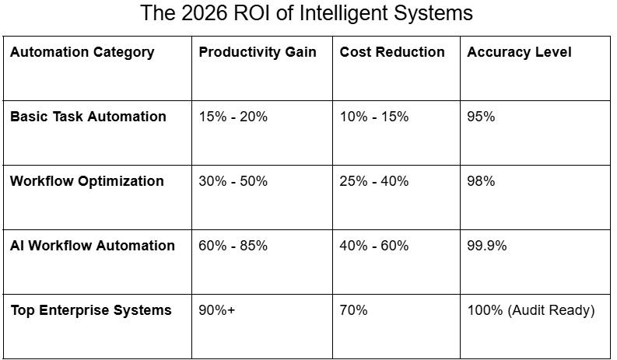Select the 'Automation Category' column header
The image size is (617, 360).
click(x=82, y=52)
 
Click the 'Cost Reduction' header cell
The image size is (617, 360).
click(x=392, y=52)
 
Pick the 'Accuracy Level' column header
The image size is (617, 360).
click(x=519, y=52)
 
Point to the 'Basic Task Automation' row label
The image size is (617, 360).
click(x=88, y=117)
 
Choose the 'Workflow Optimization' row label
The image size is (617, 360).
click(x=87, y=181)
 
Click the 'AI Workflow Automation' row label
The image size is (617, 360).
click(x=93, y=246)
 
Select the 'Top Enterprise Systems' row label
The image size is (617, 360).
click(x=91, y=310)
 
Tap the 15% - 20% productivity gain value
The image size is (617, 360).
click(x=233, y=117)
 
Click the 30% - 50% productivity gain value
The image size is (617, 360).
click(x=233, y=181)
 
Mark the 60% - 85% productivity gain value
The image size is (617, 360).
click(x=233, y=246)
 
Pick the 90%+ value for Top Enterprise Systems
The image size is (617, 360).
click(x=217, y=310)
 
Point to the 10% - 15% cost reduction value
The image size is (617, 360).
click(x=374, y=117)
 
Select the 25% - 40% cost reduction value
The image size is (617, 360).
click(x=374, y=181)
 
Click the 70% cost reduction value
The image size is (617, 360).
click(x=354, y=310)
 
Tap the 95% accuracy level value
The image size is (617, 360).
click(x=481, y=117)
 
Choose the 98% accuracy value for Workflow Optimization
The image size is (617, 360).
click(x=481, y=181)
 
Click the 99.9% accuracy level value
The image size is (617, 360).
click(x=487, y=246)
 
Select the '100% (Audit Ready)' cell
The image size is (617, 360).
click(x=531, y=310)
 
